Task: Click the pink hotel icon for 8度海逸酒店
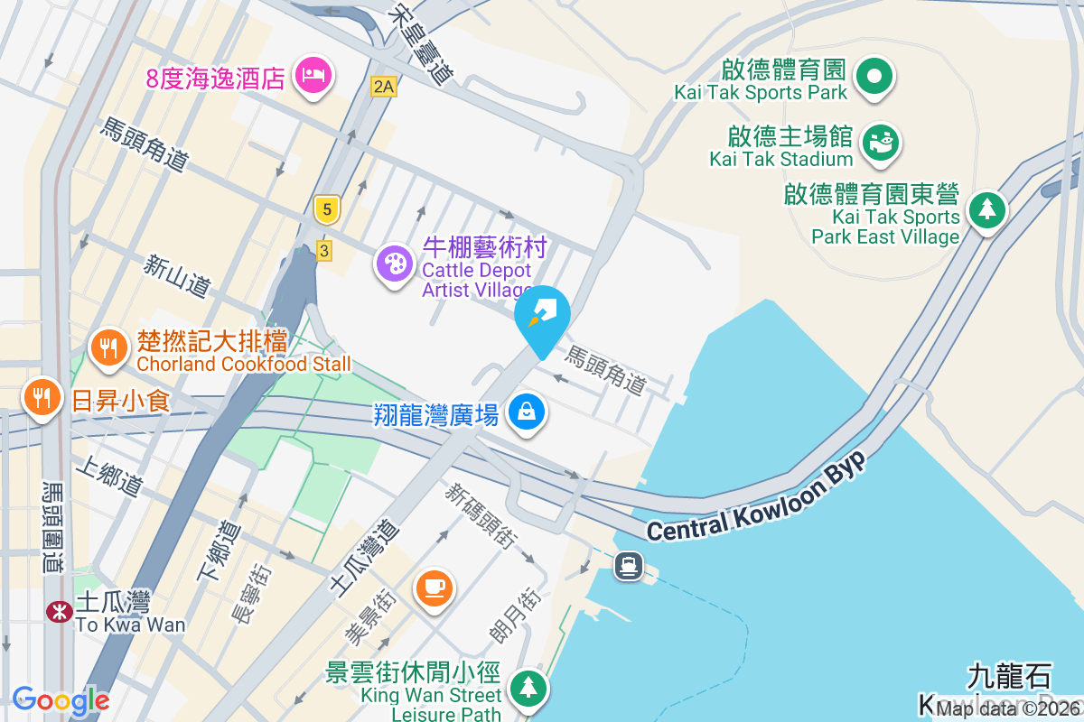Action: (x=313, y=74)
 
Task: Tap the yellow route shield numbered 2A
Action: (x=384, y=87)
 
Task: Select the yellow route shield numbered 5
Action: (x=327, y=209)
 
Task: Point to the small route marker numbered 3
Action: (x=323, y=251)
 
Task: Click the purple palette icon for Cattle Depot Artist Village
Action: (x=395, y=264)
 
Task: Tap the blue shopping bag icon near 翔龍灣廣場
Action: (x=528, y=412)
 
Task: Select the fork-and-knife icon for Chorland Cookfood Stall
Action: (x=108, y=347)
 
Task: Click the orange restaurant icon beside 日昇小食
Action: (x=42, y=397)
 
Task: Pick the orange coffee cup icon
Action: (x=434, y=588)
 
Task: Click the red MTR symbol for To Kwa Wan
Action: (x=60, y=611)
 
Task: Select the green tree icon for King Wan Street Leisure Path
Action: (x=528, y=688)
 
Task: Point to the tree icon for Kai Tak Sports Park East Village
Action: (x=987, y=210)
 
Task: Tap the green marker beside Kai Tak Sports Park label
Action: (x=874, y=77)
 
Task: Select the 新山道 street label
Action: (x=177, y=276)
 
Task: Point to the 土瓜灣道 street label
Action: (x=365, y=557)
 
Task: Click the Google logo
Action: (x=61, y=700)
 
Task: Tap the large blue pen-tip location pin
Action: (x=542, y=316)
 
